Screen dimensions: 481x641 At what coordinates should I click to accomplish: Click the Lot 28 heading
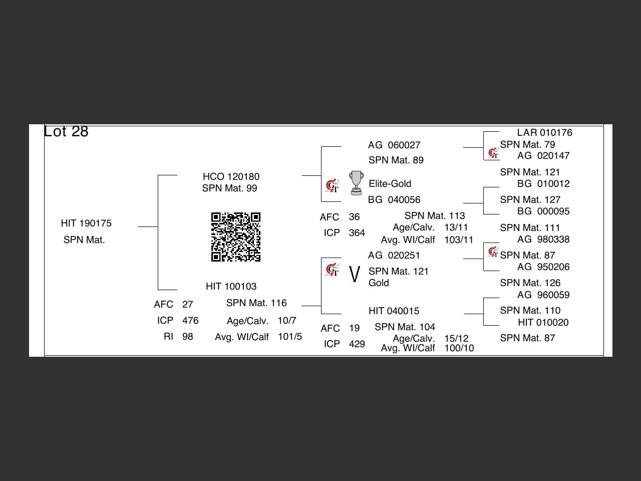[66, 131]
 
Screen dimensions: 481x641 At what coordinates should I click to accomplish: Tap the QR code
[236, 237]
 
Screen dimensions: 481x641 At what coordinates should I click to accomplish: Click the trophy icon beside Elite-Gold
[356, 183]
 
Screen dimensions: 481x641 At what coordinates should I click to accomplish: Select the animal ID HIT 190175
[86, 223]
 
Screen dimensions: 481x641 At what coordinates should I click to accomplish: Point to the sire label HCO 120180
[231, 177]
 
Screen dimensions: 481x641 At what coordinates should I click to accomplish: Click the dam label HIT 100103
[231, 287]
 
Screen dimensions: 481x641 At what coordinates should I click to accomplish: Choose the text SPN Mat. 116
[256, 303]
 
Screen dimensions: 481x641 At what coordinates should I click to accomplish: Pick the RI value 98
[188, 337]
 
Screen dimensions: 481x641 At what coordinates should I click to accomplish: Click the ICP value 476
[190, 321]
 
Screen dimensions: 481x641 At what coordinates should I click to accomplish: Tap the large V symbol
[354, 275]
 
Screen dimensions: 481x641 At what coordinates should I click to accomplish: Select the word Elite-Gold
[390, 184]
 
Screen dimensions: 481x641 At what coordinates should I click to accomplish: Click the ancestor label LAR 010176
[544, 133]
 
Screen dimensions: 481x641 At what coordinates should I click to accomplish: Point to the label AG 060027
[394, 145]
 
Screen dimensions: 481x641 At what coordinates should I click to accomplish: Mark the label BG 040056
[394, 200]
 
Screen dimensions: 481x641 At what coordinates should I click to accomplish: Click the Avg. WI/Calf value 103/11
[459, 240]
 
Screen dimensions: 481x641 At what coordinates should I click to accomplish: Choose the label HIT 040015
[394, 311]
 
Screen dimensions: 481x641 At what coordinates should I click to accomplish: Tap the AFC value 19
[355, 329]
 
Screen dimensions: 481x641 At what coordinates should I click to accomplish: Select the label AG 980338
[543, 239]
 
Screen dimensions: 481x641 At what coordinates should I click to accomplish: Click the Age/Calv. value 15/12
[456, 339]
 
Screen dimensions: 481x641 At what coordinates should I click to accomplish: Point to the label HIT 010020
[543, 323]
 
